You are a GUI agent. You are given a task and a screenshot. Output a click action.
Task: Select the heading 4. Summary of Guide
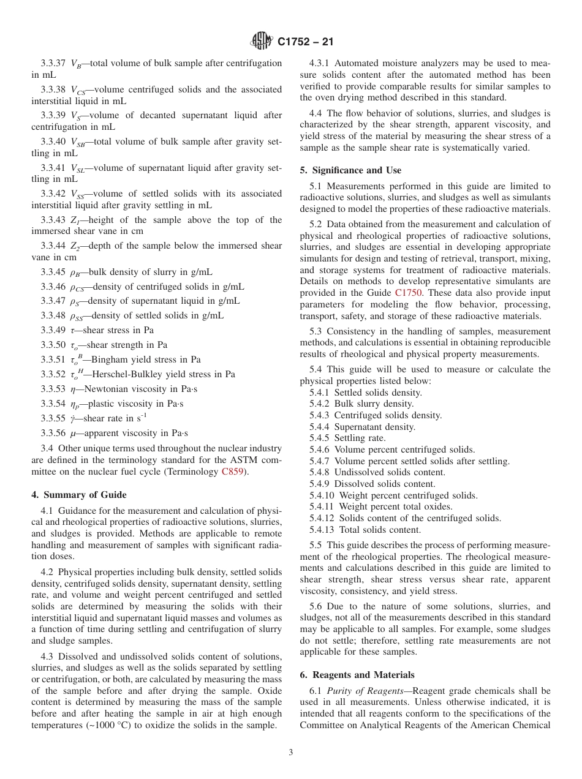pos(79,495)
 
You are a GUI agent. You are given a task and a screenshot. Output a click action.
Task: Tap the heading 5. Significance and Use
pos(350,170)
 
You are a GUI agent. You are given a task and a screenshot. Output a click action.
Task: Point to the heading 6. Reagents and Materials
pos(357,675)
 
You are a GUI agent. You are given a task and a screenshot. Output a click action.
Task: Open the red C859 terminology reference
pos(234,472)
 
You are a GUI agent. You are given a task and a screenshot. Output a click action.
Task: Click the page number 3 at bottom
pos(291,753)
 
